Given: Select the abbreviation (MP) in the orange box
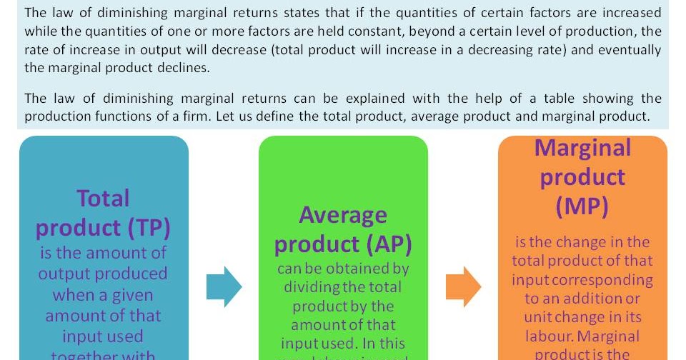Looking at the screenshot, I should (x=582, y=206).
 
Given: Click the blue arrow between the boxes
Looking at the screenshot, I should (x=224, y=287).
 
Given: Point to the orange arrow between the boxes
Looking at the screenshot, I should (x=463, y=287).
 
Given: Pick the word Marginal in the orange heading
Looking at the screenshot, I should (x=582, y=147).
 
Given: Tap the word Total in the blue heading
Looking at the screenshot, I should (x=104, y=198).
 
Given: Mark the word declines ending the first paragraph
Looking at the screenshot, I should (x=187, y=68).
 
